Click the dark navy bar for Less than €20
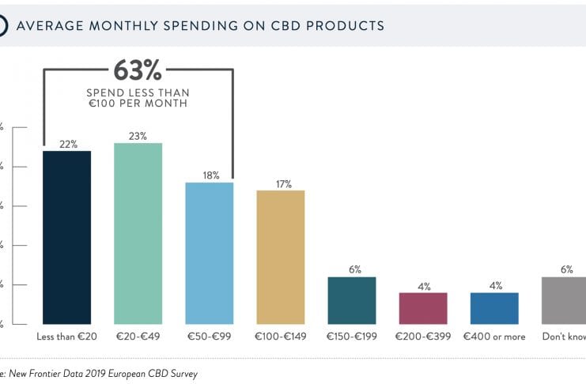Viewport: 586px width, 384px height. click(67, 237)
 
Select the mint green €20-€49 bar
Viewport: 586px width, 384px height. click(138, 233)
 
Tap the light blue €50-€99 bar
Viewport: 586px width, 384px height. click(210, 253)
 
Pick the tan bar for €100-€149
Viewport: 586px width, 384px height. click(281, 257)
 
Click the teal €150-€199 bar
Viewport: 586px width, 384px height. click(352, 300)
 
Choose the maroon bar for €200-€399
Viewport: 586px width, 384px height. click(423, 308)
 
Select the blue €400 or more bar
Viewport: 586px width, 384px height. click(494, 308)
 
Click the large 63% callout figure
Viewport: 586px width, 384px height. click(138, 71)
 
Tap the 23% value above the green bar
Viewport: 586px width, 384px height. click(138, 136)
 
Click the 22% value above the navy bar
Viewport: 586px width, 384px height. click(67, 144)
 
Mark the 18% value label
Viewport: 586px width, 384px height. click(210, 175)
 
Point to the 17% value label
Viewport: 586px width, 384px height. click(281, 183)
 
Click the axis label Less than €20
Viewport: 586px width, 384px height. click(67, 337)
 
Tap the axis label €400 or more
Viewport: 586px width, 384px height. click(494, 337)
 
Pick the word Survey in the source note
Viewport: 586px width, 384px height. click(181, 374)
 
